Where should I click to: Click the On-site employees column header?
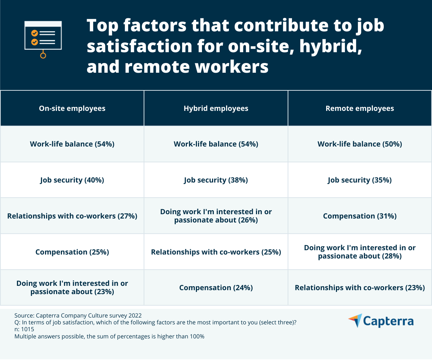pos(72,108)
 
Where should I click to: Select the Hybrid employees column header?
pos(216,108)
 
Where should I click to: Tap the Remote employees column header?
pos(360,108)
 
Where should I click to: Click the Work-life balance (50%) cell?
pos(360,144)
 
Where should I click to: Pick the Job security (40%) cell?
pos(72,180)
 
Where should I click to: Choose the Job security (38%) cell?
pos(216,180)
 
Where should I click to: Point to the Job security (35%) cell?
pos(360,180)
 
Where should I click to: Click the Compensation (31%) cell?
pos(360,216)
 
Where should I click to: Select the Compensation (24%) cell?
pos(216,288)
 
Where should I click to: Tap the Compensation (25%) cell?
pos(72,252)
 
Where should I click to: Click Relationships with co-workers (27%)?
pos(72,216)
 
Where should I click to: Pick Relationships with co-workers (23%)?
pos(360,288)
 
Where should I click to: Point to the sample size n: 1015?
pos(24,329)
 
